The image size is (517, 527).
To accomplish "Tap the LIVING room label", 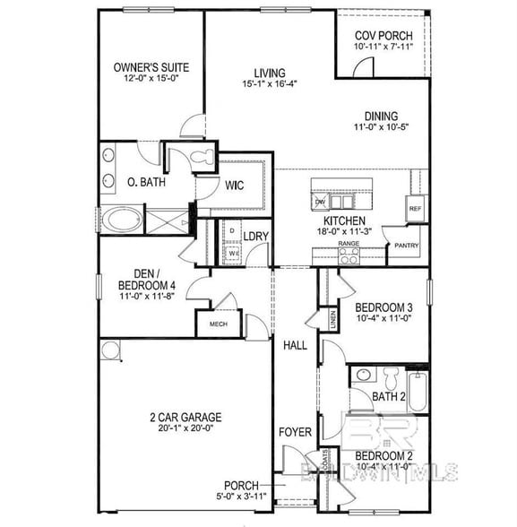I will tap(269, 73).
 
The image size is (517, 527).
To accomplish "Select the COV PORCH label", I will tap(383, 35).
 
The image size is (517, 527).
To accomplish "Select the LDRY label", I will tap(255, 237).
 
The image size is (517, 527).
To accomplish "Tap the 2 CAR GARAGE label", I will tap(185, 417).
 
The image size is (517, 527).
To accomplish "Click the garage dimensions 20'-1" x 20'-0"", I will tap(185, 428).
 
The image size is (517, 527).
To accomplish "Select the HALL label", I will tap(295, 345).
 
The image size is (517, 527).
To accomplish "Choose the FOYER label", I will tap(295, 433).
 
